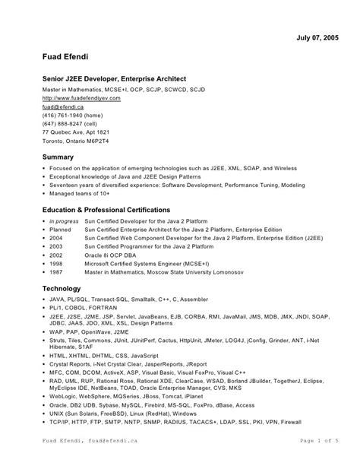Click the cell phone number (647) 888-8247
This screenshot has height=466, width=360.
pyautogui.click(x=69, y=128)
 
